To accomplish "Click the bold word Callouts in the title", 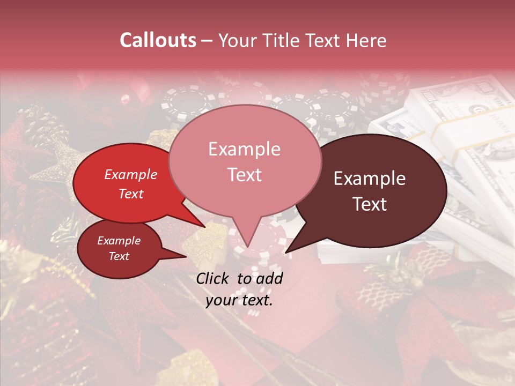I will tap(158, 40).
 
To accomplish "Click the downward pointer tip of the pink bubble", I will tap(247, 247).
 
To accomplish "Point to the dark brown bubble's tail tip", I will tap(286, 252).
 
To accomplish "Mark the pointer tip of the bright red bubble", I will tap(205, 227).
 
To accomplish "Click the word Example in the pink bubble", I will tap(244, 149).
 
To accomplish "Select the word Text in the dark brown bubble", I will tap(370, 204).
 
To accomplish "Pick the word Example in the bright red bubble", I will tap(130, 174).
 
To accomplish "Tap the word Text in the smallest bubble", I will tap(119, 256).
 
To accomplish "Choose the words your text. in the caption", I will tap(239, 300).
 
